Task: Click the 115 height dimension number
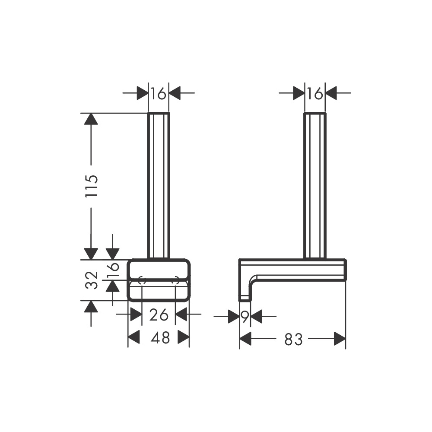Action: (92, 186)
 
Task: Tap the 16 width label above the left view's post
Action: (159, 93)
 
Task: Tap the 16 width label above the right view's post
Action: (315, 93)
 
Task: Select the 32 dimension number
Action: (92, 280)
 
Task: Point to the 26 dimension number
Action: (159, 315)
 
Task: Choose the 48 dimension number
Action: (160, 338)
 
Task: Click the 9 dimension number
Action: (245, 317)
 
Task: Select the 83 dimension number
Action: (293, 340)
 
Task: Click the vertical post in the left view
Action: (159, 186)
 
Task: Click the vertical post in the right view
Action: (315, 186)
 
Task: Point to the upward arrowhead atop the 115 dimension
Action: (91, 118)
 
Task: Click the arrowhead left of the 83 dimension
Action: (245, 339)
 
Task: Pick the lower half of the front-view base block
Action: (159, 291)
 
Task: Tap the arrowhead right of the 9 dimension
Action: (256, 317)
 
